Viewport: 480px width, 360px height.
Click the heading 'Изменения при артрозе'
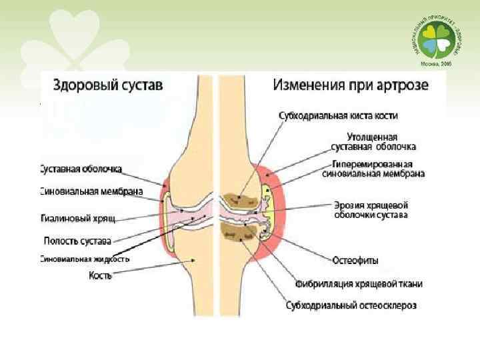point(350,85)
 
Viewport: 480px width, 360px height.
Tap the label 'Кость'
point(100,275)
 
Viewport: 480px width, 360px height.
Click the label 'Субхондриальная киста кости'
point(339,115)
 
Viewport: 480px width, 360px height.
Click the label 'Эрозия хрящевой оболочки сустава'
point(371,210)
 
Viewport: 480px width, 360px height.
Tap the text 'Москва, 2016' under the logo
point(436,64)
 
